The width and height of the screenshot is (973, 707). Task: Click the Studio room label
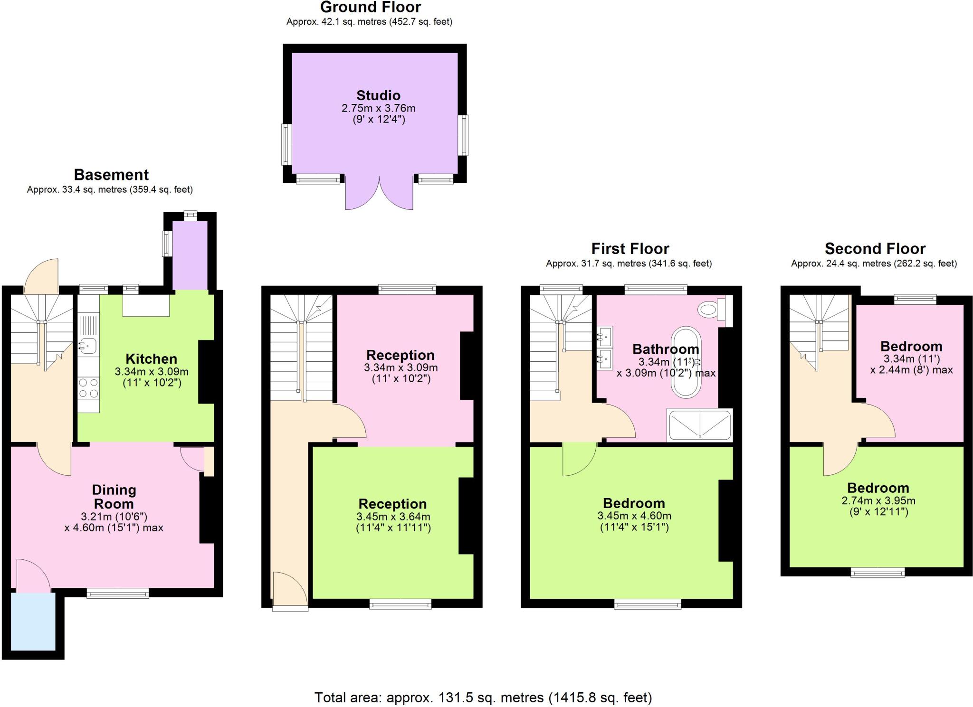pos(378,95)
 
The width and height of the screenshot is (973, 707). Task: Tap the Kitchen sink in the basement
pos(88,346)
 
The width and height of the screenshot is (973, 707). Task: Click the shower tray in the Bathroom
pos(699,425)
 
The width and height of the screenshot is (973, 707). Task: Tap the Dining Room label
pos(114,497)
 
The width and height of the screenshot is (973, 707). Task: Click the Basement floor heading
pos(111,175)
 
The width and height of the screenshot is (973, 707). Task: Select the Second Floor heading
pos(875,249)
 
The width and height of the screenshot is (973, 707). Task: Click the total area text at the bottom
pos(483,698)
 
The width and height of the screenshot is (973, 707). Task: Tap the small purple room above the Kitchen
pos(190,255)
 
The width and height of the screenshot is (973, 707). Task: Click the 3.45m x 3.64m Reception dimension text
pos(393,517)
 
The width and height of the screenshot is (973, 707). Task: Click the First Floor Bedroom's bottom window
pos(648,604)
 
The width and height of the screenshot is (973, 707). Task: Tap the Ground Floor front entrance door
pos(289,591)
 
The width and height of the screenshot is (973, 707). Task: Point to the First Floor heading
pos(630,249)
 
